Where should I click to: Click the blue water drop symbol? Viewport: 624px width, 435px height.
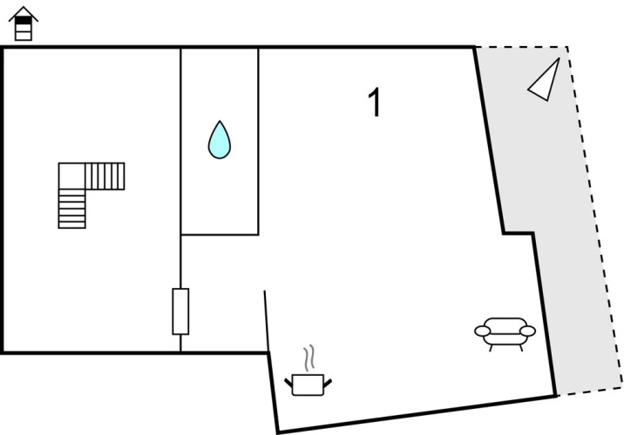(x=220, y=141)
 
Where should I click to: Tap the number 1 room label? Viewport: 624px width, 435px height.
(x=375, y=103)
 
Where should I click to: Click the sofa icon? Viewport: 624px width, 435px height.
(x=505, y=334)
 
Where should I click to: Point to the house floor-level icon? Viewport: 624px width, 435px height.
(x=24, y=23)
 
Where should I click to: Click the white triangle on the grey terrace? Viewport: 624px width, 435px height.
(x=544, y=82)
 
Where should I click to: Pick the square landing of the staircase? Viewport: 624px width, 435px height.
(x=72, y=176)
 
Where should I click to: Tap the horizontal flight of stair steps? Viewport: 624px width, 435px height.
(x=105, y=176)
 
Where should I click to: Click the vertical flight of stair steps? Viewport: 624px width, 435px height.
(x=72, y=209)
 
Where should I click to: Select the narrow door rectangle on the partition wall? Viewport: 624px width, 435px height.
(x=180, y=311)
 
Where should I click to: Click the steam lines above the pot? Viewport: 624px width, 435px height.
(x=309, y=358)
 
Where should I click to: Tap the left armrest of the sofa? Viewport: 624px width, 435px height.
(x=482, y=331)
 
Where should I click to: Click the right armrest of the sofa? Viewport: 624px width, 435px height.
(x=527, y=331)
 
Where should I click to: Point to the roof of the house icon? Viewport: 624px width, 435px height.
(x=24, y=14)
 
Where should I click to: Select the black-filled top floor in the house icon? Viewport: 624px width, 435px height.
(x=23, y=20)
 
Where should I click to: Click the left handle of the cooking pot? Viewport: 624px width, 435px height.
(x=288, y=383)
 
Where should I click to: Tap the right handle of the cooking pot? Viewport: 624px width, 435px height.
(x=328, y=384)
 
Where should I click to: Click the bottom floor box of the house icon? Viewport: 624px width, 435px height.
(x=23, y=37)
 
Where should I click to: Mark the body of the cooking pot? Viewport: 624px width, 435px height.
(x=308, y=385)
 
